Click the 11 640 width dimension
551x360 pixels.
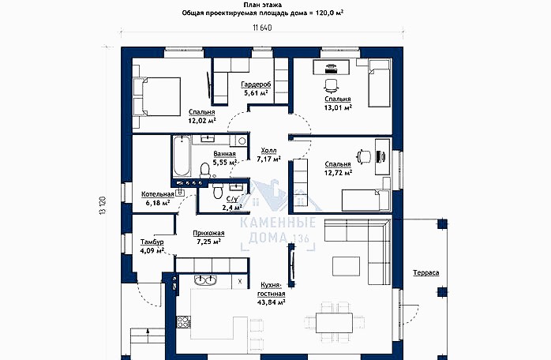tap(262, 28)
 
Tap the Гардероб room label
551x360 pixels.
tap(256, 84)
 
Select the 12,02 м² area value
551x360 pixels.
tap(202, 121)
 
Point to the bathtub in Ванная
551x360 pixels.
tap(182, 156)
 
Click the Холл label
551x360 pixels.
tap(269, 151)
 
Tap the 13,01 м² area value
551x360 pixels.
tap(338, 107)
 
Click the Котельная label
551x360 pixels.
tap(158, 194)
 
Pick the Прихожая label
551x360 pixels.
tap(208, 233)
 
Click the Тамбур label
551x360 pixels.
tap(152, 242)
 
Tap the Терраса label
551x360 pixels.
tap(426, 273)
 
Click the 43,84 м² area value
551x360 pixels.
tap(271, 302)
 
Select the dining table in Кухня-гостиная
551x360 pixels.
tap(334, 323)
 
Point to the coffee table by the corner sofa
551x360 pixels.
tap(346, 266)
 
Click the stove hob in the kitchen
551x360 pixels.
tap(183, 322)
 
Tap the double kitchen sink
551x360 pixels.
tap(205, 279)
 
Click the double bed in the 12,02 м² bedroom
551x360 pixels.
tap(156, 96)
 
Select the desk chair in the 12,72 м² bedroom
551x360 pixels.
tap(364, 156)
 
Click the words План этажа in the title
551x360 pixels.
tap(263, 5)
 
